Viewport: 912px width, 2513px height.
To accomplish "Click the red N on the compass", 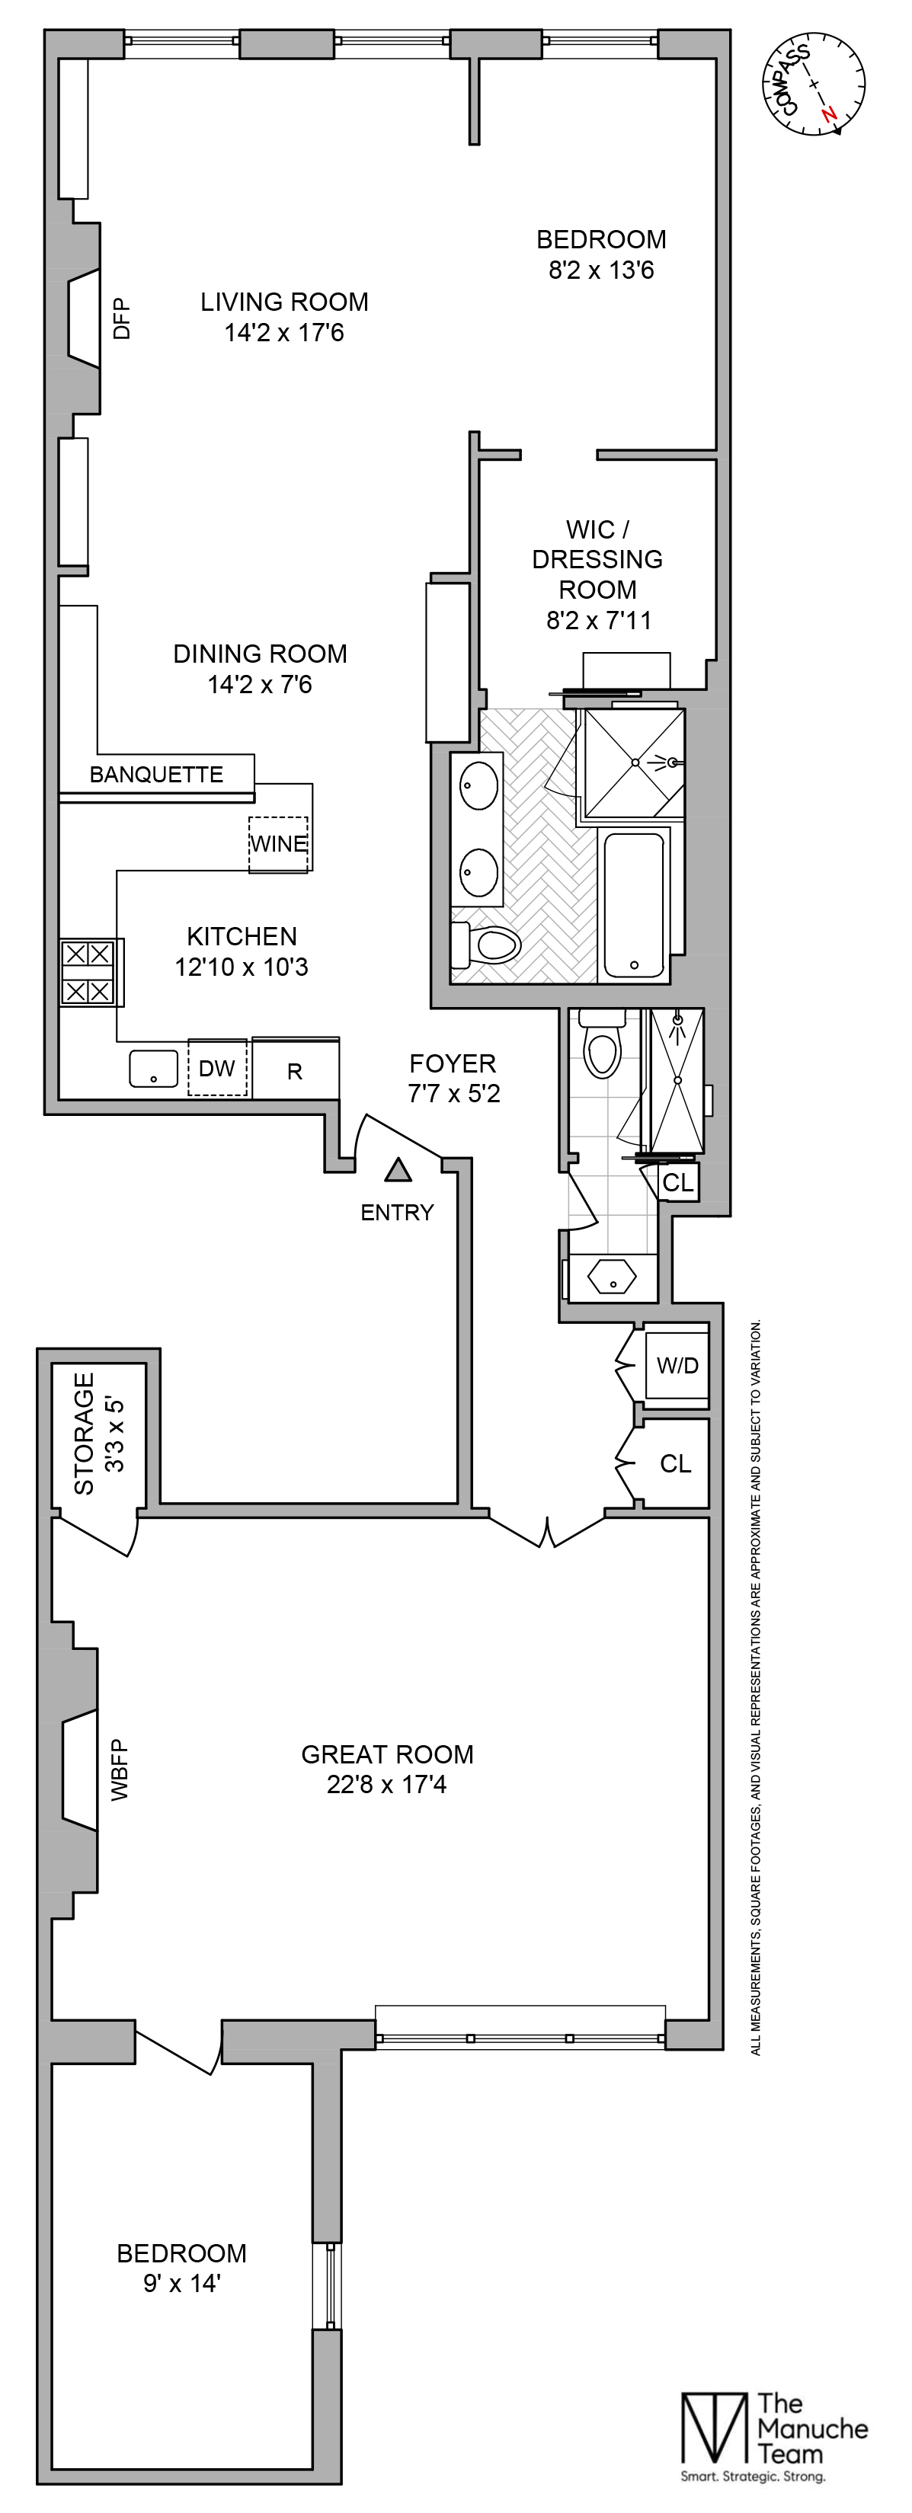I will pyautogui.click(x=829, y=114).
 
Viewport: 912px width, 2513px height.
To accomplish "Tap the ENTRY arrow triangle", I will pyautogui.click(x=397, y=1169).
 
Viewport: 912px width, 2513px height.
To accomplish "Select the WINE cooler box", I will pyautogui.click(x=278, y=844).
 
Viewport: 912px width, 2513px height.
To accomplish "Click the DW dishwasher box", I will pyautogui.click(x=216, y=1068).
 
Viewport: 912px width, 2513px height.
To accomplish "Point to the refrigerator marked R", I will pyautogui.click(x=295, y=1071).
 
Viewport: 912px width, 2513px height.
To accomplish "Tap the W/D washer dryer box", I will pyautogui.click(x=677, y=1366).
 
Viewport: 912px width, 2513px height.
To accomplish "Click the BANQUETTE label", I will pyautogui.click(x=156, y=775).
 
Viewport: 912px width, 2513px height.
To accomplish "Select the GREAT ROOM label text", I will pyautogui.click(x=387, y=1755).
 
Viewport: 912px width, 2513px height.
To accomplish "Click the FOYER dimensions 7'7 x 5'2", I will pyautogui.click(x=453, y=1094).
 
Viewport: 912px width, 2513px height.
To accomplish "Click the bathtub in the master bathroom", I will pyautogui.click(x=635, y=903).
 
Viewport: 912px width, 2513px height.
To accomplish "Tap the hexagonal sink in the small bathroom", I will pyautogui.click(x=612, y=1275).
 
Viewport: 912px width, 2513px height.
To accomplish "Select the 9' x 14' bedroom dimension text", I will pyautogui.click(x=182, y=2284).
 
